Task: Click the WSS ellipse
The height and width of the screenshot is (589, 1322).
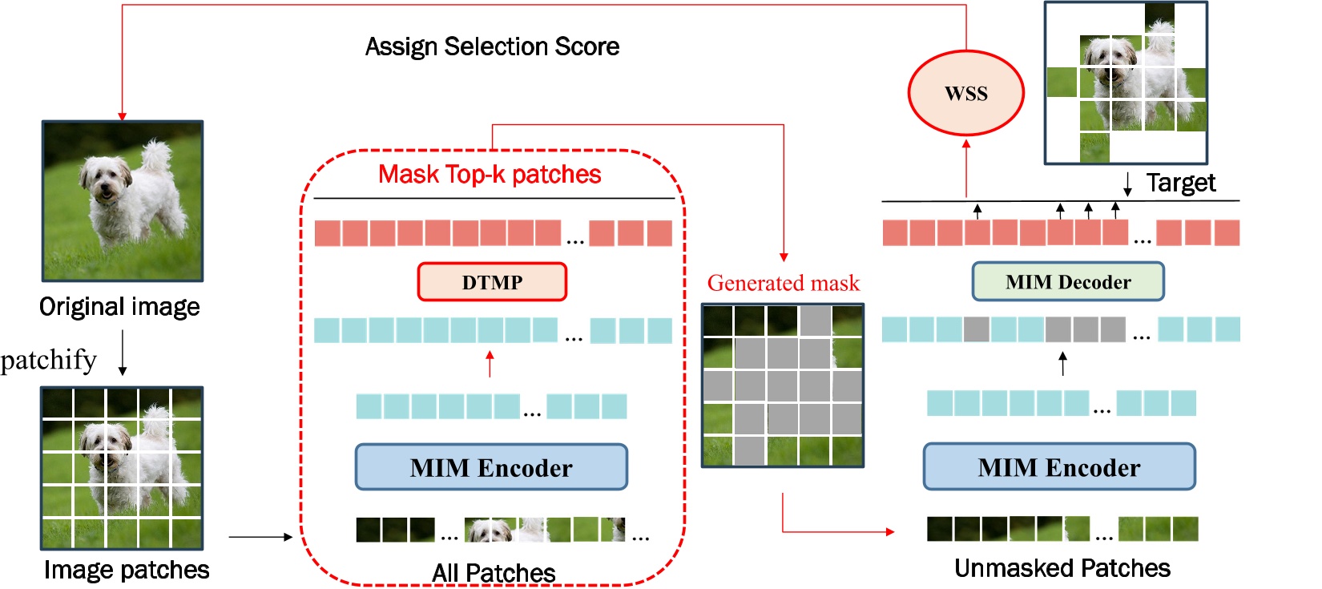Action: (965, 93)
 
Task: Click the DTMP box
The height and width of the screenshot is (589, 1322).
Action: (492, 282)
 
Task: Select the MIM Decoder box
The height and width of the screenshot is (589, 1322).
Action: (1067, 282)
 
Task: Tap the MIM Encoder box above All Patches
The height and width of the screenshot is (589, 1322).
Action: (491, 467)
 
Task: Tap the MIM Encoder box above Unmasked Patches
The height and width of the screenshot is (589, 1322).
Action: (1058, 467)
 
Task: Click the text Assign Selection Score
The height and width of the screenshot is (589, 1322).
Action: (492, 46)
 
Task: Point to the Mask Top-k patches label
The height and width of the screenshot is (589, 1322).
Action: (490, 174)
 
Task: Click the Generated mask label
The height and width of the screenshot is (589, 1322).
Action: (783, 283)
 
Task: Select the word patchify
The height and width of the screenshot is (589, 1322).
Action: (48, 360)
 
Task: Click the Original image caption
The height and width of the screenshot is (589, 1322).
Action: (119, 306)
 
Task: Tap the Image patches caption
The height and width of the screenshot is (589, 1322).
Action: (127, 569)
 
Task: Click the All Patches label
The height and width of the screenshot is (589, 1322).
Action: (494, 572)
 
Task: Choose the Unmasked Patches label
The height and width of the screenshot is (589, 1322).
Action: (1062, 568)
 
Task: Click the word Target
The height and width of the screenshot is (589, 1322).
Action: (1180, 183)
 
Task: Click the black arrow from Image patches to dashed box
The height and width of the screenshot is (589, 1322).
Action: (260, 537)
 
